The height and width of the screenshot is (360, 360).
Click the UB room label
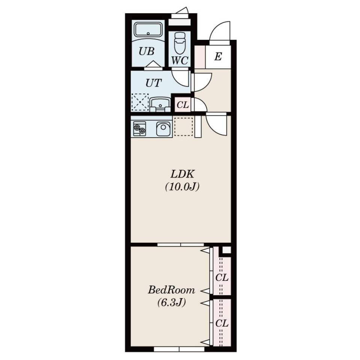[x=147, y=51]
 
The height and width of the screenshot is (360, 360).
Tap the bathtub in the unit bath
[x=148, y=29]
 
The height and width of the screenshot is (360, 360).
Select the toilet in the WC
[x=180, y=43]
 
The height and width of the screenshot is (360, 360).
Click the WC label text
[x=180, y=60]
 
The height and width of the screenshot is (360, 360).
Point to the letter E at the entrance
[x=218, y=57]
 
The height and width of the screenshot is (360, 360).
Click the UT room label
[x=153, y=83]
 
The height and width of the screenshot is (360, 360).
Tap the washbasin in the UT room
[x=160, y=105]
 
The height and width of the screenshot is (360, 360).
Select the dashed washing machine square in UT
[x=140, y=102]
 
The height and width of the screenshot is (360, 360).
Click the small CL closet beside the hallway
[x=183, y=105]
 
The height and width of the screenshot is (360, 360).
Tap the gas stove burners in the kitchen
[x=139, y=129]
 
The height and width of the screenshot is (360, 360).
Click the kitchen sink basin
[x=163, y=129]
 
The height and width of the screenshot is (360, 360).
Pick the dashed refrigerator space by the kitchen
[x=183, y=126]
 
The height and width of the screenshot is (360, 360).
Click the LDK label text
[x=183, y=174]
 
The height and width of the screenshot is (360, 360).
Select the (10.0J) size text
[x=182, y=186]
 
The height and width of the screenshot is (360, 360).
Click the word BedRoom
[x=171, y=290]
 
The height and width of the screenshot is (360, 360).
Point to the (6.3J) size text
[x=171, y=302]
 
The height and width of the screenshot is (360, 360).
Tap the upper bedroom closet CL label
[x=222, y=278]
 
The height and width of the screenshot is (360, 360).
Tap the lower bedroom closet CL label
[x=222, y=324]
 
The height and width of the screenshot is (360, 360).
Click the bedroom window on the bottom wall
[x=179, y=349]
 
